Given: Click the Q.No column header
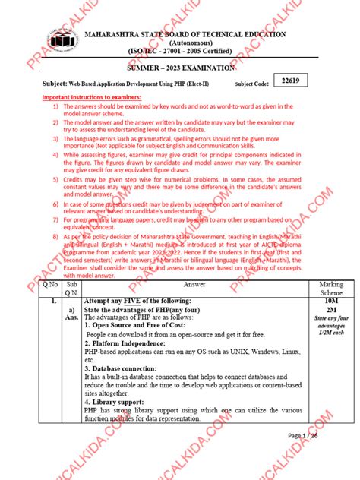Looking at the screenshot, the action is point(49,283).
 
